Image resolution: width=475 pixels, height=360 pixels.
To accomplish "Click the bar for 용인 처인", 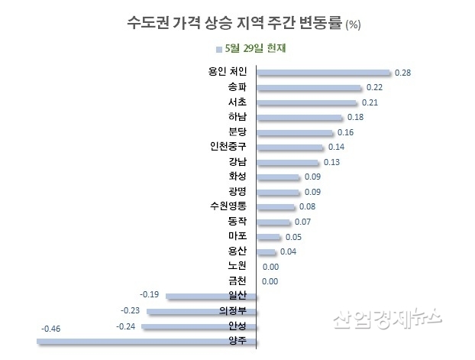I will tap(324, 73).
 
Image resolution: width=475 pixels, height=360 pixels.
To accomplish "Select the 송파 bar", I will tap(309, 88).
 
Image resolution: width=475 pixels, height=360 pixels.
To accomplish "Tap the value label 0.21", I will tap(370, 102).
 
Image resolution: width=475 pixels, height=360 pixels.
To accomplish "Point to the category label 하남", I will tap(237, 117).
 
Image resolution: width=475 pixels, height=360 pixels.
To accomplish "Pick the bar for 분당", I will tap(294, 132).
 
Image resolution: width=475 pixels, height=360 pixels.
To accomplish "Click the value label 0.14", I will tap(337, 147).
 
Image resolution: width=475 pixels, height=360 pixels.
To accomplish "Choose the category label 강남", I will tap(237, 162).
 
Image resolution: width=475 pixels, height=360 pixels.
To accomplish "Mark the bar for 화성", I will tap(278, 177).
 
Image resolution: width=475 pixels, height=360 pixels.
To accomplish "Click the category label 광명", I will tap(237, 191).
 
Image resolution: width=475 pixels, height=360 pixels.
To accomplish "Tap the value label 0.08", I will tap(308, 206).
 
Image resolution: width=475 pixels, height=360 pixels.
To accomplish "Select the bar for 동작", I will tap(273, 222).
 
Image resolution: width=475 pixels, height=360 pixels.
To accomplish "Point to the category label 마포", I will tap(237, 236).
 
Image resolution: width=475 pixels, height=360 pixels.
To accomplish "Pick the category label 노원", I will tap(237, 266).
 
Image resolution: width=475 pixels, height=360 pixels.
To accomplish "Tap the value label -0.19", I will tap(149, 294).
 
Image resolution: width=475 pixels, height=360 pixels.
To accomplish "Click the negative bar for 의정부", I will tap(202, 312).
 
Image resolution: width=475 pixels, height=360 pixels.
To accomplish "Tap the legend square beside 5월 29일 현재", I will tap(220, 50).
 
